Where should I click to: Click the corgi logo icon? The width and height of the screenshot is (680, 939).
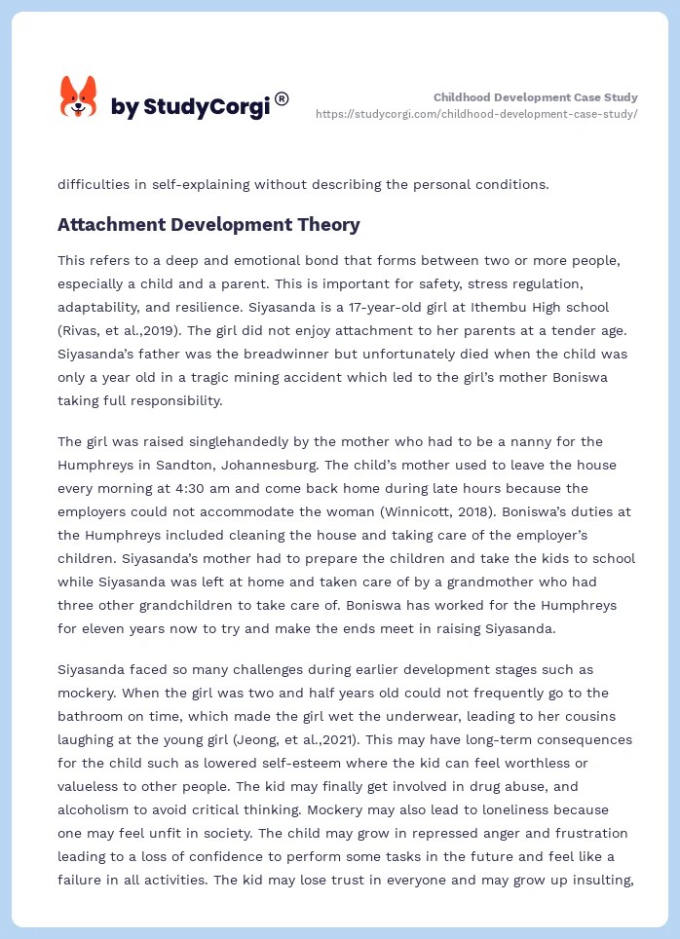point(79,96)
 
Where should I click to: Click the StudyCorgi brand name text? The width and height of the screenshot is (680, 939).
point(190,107)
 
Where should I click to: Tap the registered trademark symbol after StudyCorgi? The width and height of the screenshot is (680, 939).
point(282,98)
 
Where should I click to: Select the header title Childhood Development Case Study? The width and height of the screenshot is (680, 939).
point(535,97)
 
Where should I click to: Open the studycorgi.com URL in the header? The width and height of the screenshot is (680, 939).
point(476,114)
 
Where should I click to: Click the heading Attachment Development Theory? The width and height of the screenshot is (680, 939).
point(208,225)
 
